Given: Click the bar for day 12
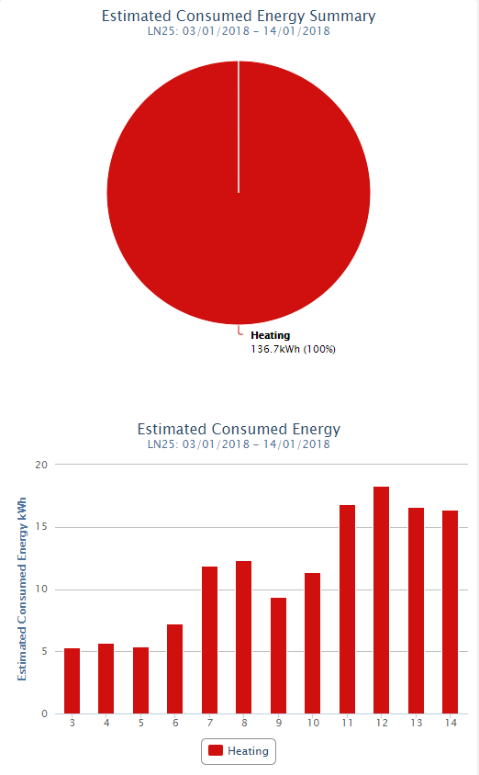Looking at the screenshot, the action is click(x=381, y=600).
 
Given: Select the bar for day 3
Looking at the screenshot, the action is click(x=72, y=681).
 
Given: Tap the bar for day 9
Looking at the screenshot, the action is click(x=279, y=656).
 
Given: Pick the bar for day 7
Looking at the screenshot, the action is click(x=209, y=640).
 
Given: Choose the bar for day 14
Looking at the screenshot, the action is click(x=451, y=612).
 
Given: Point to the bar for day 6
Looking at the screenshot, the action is click(x=175, y=669).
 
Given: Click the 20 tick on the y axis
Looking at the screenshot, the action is click(x=41, y=465).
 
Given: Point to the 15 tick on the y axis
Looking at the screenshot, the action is click(x=41, y=527).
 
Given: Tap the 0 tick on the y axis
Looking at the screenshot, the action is click(x=44, y=713).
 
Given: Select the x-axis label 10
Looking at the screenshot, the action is click(x=313, y=723).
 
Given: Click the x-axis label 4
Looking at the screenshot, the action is click(x=106, y=723).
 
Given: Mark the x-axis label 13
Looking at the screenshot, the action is click(x=417, y=723).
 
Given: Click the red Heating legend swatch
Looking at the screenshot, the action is click(x=216, y=751).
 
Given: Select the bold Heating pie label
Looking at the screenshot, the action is click(x=270, y=335).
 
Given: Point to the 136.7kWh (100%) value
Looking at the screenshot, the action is click(x=294, y=350).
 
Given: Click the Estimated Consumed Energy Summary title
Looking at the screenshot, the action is click(x=239, y=17).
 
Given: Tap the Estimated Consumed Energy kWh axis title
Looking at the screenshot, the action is click(x=22, y=590).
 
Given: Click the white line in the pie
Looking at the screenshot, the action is click(x=239, y=127).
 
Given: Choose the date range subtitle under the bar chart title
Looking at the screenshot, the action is click(x=239, y=444).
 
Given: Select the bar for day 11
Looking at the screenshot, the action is click(x=347, y=610).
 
